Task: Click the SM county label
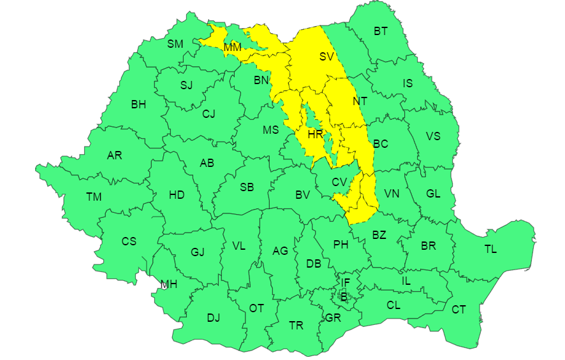point(175,44)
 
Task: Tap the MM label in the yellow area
point(232,47)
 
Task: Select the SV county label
point(327,56)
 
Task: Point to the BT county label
point(381,31)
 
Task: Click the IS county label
point(407,83)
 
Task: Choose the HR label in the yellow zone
point(315,134)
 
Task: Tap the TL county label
point(490,249)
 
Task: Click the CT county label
point(459,310)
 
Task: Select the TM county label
point(94,197)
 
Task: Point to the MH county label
point(168,284)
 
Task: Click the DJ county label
point(213,318)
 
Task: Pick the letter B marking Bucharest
point(344,296)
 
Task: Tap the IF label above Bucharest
point(345,282)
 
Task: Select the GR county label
point(332,317)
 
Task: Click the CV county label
point(339,183)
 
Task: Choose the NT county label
point(360,101)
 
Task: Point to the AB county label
point(207,163)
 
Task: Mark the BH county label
point(138,104)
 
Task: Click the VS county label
point(433,136)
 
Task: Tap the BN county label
point(261,80)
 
